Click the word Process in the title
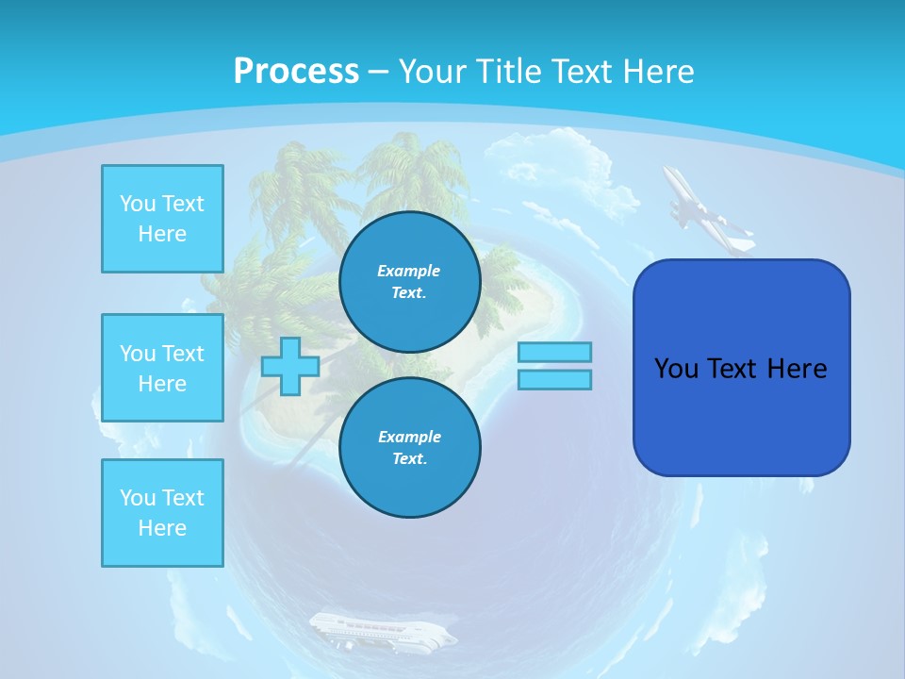pyautogui.click(x=296, y=72)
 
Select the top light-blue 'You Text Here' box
pyautogui.click(x=162, y=219)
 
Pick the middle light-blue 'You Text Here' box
pyautogui.click(x=162, y=368)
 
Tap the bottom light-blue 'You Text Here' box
pyautogui.click(x=162, y=513)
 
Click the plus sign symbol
pyautogui.click(x=290, y=366)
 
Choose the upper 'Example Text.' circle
pyautogui.click(x=409, y=281)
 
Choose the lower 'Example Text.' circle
pyautogui.click(x=409, y=447)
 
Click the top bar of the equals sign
pyautogui.click(x=555, y=352)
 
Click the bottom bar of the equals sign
pyautogui.click(x=555, y=380)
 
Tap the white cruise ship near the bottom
pyautogui.click(x=382, y=630)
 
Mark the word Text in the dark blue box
pyautogui.click(x=734, y=369)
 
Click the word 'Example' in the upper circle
pyautogui.click(x=409, y=271)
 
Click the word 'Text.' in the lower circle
pyautogui.click(x=409, y=459)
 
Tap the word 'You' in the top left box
pyautogui.click(x=137, y=204)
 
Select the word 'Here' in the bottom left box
pyautogui.click(x=162, y=528)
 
